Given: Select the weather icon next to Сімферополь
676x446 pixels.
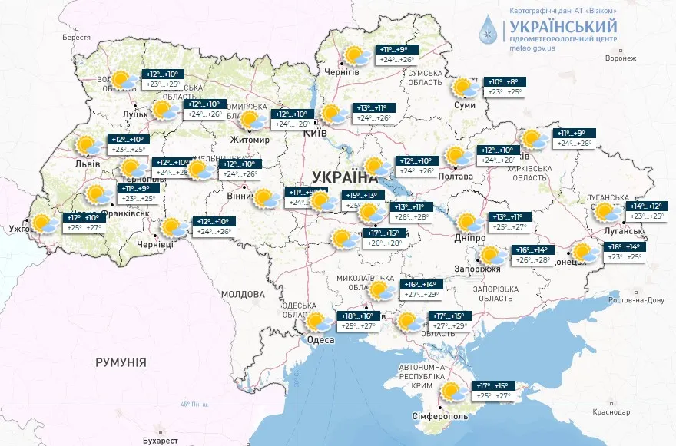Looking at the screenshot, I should (x=454, y=392).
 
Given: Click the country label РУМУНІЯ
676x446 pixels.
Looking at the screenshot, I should (x=121, y=361).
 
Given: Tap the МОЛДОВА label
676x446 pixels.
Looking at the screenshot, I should (x=242, y=294).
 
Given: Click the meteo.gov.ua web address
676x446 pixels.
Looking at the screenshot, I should (x=532, y=48).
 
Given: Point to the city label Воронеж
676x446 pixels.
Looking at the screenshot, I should (x=621, y=58).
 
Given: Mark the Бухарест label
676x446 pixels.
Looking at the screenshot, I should (x=160, y=440).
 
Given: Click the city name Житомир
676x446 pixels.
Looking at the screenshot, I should (x=250, y=140).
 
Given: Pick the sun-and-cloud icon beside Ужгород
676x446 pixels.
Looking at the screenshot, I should (x=45, y=223).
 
